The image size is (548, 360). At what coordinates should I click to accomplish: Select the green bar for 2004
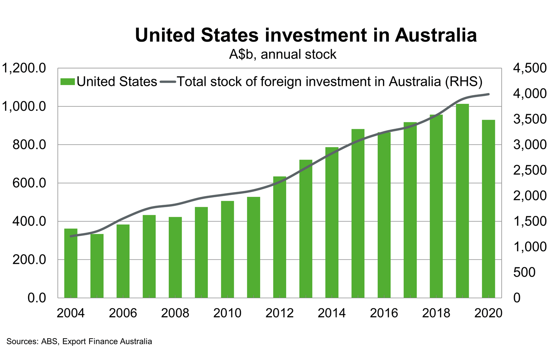71,263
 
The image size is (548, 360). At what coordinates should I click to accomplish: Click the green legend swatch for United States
67,82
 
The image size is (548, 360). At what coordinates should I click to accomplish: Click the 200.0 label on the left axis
29,260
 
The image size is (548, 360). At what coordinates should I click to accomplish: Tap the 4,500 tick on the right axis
529,68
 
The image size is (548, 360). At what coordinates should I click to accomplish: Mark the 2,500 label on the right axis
529,170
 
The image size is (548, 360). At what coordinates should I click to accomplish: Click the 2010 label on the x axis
227,313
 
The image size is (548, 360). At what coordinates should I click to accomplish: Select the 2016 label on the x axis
384,313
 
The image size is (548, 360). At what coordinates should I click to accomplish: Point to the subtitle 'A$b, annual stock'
283,54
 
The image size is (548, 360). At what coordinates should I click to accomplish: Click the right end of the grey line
489,94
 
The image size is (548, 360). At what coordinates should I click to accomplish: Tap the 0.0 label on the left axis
36,298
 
